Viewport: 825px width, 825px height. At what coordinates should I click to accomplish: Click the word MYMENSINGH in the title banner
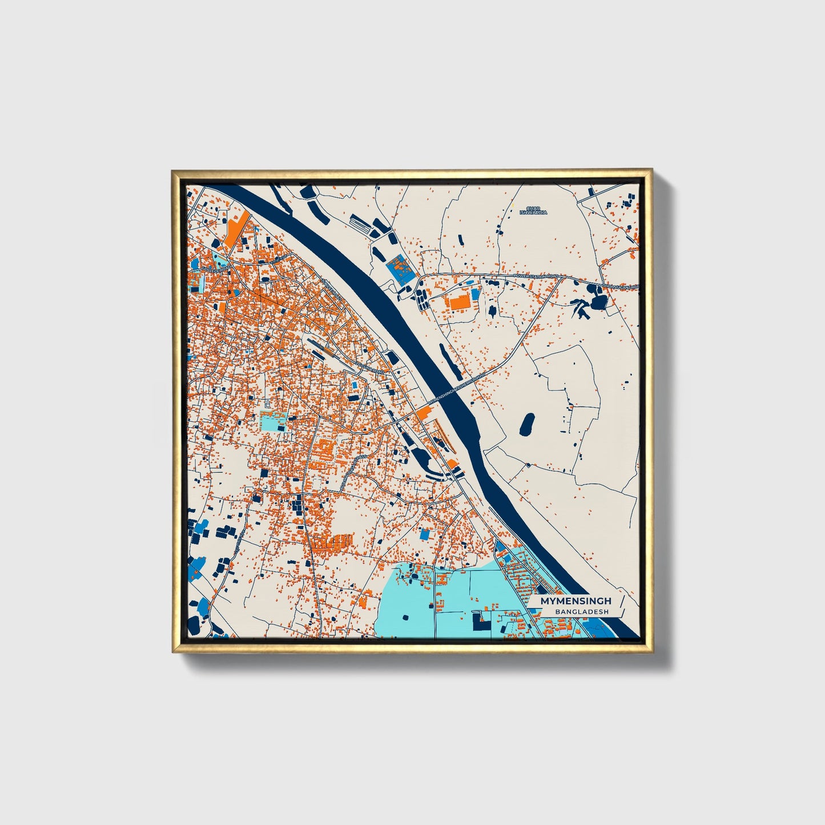[576, 601]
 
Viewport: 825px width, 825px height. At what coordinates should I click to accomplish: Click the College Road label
[218, 267]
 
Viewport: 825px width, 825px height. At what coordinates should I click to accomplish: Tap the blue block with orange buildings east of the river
[399, 269]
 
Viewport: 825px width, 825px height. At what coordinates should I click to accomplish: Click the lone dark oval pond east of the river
[527, 424]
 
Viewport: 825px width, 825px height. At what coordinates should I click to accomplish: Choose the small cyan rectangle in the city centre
[272, 421]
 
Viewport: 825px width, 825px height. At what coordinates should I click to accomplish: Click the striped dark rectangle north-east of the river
[362, 223]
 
